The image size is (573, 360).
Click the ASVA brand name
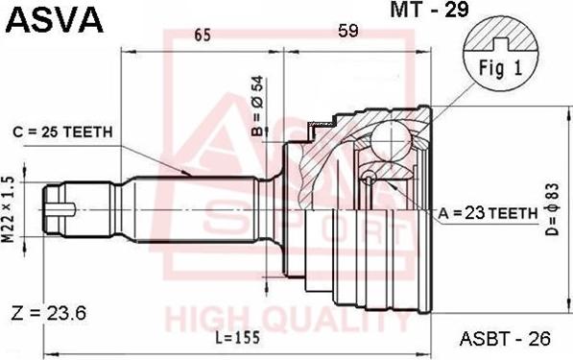[55, 20]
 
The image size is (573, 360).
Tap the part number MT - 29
[429, 10]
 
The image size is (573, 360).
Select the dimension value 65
[203, 36]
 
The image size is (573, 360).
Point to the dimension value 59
[347, 31]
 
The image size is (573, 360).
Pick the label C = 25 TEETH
[62, 132]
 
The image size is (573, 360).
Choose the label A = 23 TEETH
[488, 213]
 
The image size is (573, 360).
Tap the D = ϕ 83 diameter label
[553, 209]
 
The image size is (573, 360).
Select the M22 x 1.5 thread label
[8, 209]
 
